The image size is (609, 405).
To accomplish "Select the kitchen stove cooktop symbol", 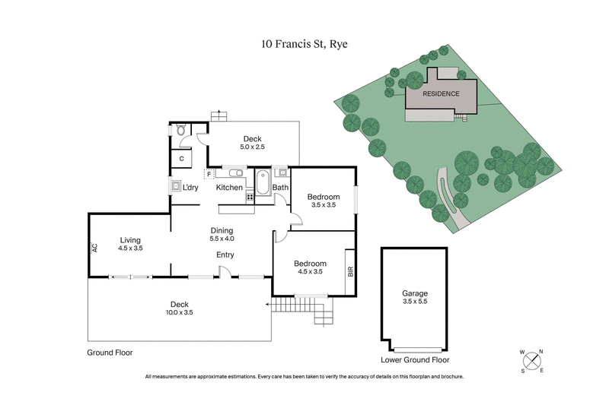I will tap(249, 197).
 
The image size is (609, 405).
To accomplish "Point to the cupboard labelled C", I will tap(182, 158).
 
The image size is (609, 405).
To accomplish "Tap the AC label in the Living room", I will tap(95, 248).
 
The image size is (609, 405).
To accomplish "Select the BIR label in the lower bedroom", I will tap(350, 271).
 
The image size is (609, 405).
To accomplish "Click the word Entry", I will tap(225, 255).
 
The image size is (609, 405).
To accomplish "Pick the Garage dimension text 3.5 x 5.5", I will tap(415, 302).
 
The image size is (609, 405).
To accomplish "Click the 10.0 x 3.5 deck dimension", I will tap(180, 313).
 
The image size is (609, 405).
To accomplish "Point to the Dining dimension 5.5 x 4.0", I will tap(222, 239).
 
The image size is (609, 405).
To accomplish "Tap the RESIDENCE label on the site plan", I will tap(442, 93).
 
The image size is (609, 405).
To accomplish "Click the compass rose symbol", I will tap(531, 361).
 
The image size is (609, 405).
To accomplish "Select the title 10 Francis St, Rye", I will tap(304, 46).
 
